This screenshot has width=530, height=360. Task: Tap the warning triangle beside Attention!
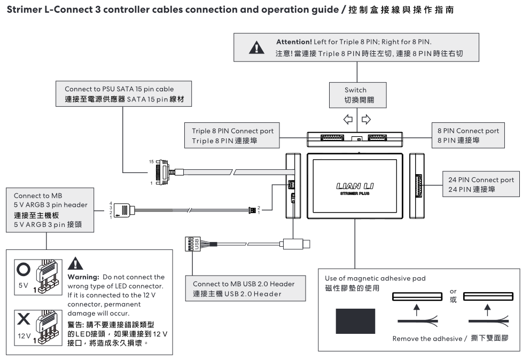[257, 46]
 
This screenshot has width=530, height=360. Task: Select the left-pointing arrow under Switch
[348, 119]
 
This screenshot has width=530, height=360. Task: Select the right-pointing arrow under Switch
[366, 119]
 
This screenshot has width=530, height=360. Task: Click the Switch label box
[356, 95]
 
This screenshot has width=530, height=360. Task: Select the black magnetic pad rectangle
[355, 322]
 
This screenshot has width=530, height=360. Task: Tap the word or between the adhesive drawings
[453, 292]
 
